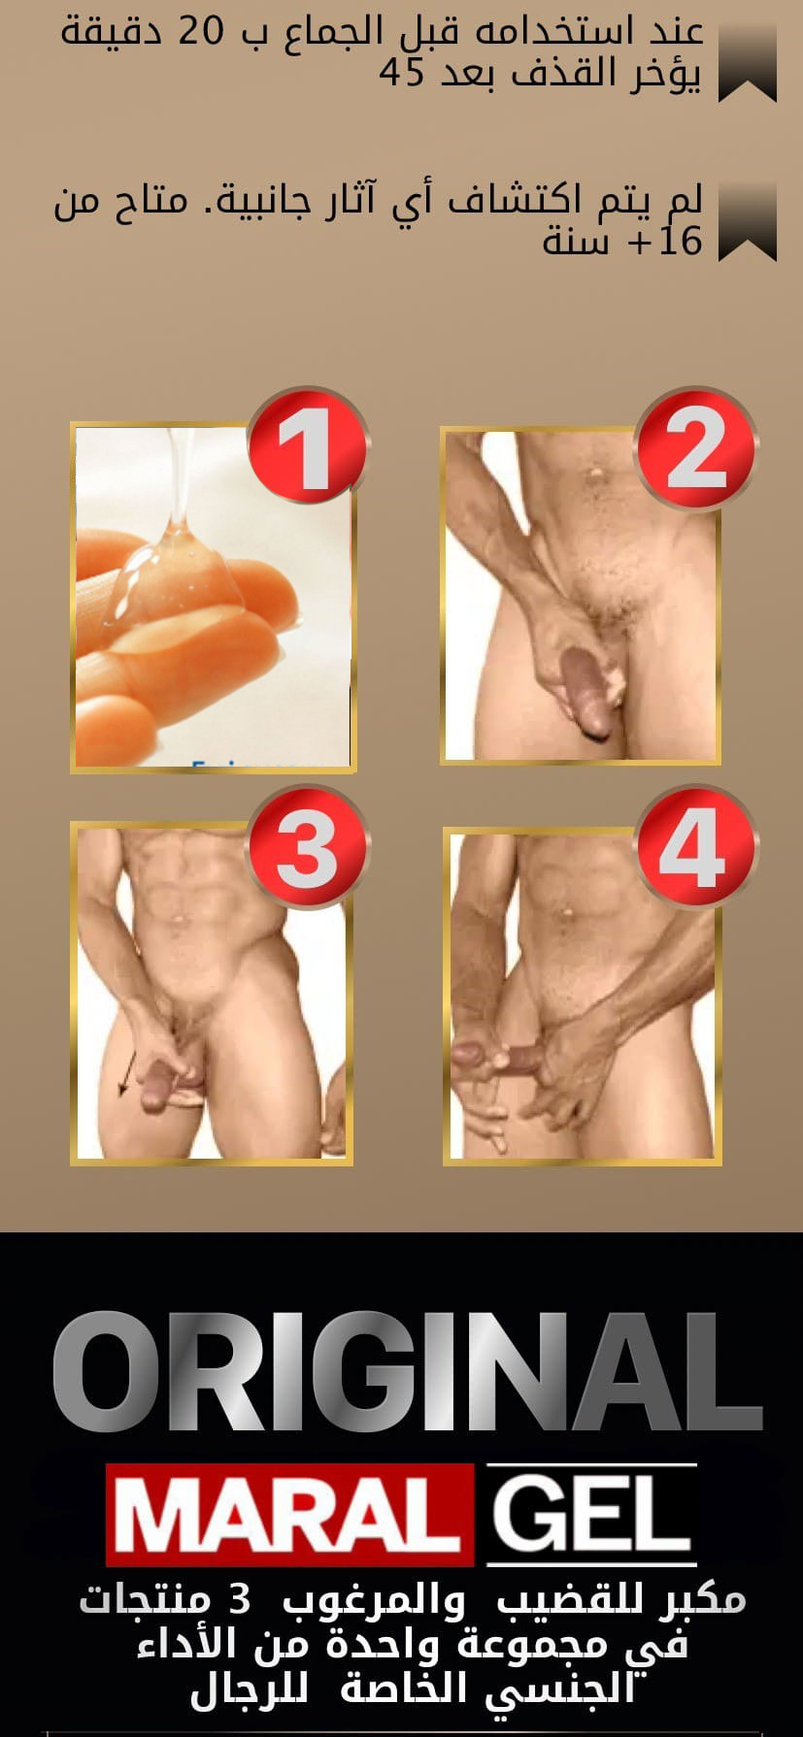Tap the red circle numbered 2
(x=695, y=449)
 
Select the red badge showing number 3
(x=308, y=848)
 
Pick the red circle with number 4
(x=695, y=846)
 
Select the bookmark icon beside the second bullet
(x=748, y=222)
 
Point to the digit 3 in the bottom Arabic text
(x=239, y=1598)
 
